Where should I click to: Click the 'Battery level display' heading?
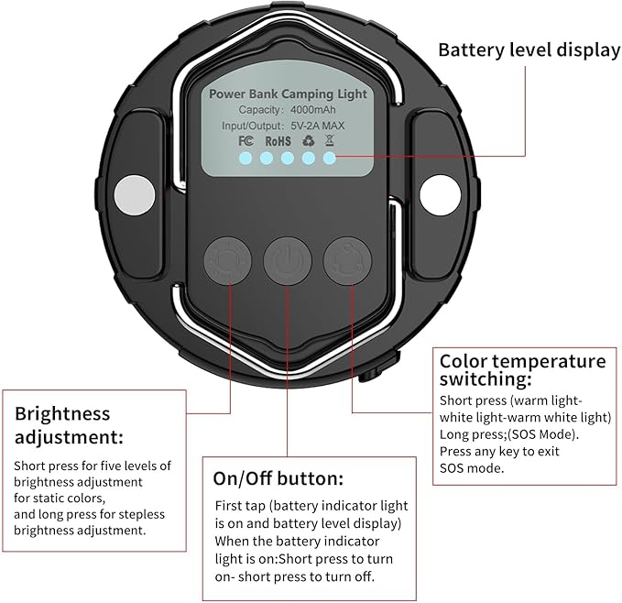coord(529,49)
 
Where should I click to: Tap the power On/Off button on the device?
coord(287,260)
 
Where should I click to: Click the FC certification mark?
coord(245,141)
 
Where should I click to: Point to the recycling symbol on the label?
coord(308,141)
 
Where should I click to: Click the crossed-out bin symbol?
coord(329,141)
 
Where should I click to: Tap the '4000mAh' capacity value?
coord(309,110)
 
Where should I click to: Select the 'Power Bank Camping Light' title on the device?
coord(287,93)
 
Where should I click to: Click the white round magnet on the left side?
coord(133,194)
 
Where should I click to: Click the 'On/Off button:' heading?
coord(278,478)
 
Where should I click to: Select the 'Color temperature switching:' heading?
coord(522,369)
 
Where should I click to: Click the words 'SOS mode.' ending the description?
coord(472,467)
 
